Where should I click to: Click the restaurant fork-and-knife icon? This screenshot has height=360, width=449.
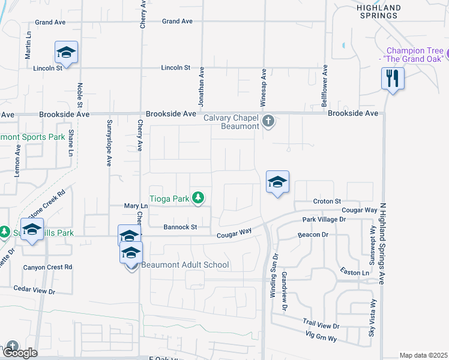[393, 79]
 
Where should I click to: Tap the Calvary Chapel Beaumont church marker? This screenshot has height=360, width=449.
[268, 122]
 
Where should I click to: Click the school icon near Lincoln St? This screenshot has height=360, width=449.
[67, 53]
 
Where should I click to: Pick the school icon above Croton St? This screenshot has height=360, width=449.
[277, 182]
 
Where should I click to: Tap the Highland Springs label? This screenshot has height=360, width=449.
[378, 11]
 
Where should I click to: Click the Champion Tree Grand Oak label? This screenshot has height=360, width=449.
[415, 55]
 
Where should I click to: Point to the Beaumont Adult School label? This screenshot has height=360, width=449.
[184, 265]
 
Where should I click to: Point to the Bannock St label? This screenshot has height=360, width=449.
[180, 227]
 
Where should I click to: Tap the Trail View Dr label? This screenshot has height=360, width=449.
[321, 325]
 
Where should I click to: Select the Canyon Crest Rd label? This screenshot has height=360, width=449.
[47, 267]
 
